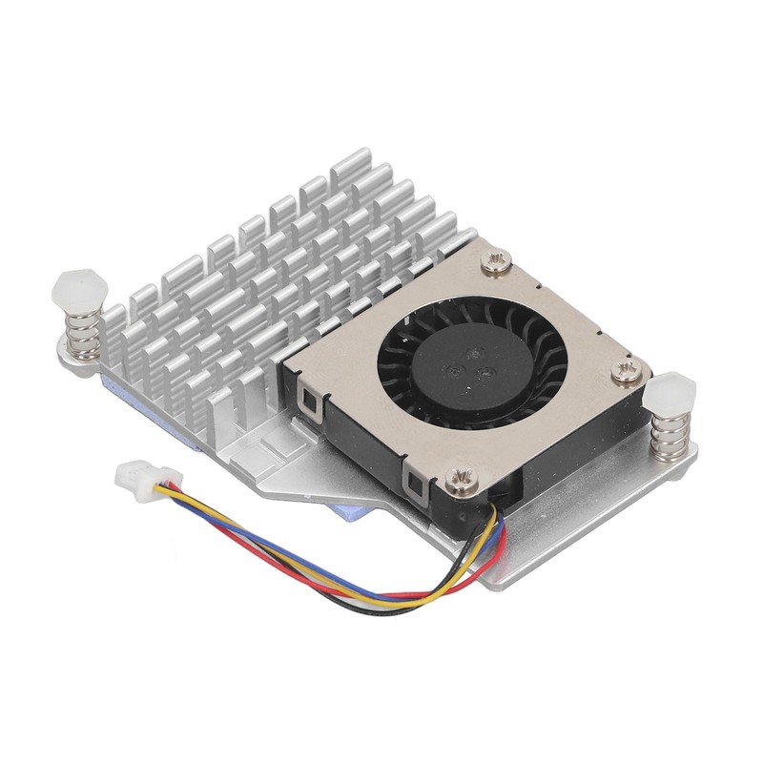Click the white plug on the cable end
(x=134, y=475)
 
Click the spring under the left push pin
(x=78, y=333)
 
